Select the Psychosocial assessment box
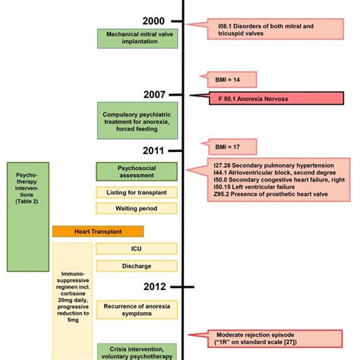137,171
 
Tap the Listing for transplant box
137,192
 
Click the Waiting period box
137,208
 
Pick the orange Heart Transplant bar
98,230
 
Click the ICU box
137,248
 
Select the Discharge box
137,266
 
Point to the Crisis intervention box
137,350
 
